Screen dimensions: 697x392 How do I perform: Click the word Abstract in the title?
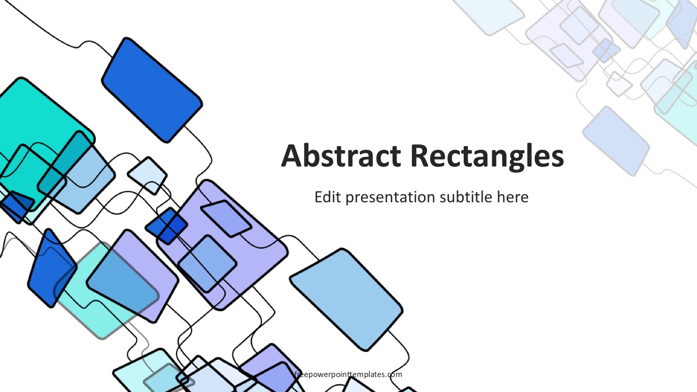341,156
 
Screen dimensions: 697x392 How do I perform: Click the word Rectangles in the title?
487,156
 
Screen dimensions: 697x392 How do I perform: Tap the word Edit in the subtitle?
328,197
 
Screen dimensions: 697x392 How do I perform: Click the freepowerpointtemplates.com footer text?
348,375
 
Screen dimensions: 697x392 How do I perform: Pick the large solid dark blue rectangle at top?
152,90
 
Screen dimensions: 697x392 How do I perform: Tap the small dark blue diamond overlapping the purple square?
167,226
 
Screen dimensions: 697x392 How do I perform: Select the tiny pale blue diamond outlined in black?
147,176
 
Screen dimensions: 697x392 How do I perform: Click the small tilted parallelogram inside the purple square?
226,218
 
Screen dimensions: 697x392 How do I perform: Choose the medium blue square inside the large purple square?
207,264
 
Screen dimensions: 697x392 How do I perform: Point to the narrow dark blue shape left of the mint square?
52,268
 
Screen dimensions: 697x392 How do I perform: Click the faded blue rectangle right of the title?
616,141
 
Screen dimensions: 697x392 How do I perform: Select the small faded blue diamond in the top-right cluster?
606,50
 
